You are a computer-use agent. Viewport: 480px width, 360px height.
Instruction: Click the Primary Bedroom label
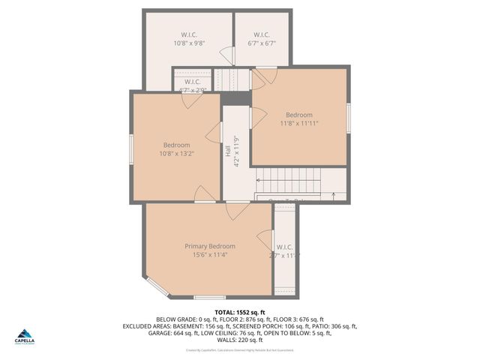pyautogui.click(x=210, y=246)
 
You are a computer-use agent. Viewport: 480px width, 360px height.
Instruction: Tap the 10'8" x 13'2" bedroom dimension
pyautogui.click(x=176, y=154)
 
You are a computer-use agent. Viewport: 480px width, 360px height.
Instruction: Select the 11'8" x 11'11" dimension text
pyautogui.click(x=300, y=124)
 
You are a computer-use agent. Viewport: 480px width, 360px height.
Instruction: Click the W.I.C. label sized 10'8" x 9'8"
pyautogui.click(x=189, y=34)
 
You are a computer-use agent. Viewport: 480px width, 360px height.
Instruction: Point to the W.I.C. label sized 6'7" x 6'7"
pyautogui.click(x=262, y=34)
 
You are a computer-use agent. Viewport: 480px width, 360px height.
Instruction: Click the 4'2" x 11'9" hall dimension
pyautogui.click(x=235, y=151)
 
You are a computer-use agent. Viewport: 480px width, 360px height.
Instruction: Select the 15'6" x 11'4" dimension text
pyautogui.click(x=210, y=255)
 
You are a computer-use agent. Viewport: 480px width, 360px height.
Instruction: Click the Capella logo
pyautogui.click(x=25, y=336)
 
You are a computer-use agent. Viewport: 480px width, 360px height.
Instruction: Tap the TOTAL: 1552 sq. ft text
pyautogui.click(x=240, y=312)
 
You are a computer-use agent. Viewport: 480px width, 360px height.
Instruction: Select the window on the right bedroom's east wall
pyautogui.click(x=349, y=118)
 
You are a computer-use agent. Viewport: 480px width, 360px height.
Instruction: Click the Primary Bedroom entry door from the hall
pyautogui.click(x=237, y=210)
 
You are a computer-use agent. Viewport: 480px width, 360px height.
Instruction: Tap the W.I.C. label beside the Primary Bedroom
pyautogui.click(x=284, y=247)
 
